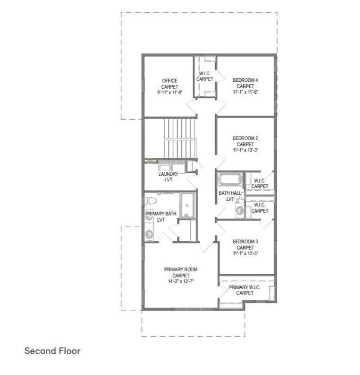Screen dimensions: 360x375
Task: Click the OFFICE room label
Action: (170, 80)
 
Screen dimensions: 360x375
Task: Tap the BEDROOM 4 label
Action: (245, 80)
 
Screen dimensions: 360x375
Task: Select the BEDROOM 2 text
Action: (245, 138)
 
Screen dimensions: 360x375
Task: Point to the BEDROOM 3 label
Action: (245, 241)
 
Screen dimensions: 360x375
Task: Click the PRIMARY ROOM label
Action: (181, 269)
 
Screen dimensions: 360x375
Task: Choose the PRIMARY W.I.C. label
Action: (245, 287)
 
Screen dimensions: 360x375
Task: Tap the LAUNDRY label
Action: (168, 174)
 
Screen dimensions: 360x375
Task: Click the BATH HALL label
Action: (230, 193)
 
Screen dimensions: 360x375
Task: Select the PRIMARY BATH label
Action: (161, 214)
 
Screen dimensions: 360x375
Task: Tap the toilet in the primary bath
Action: (150, 201)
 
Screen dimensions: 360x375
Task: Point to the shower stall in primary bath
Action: (187, 205)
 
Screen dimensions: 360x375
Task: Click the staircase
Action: (179, 138)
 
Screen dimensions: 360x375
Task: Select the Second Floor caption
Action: (53, 351)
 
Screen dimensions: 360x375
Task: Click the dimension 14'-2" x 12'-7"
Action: (181, 282)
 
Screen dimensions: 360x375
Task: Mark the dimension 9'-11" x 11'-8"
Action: (170, 92)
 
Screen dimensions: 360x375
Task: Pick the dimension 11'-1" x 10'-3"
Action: (246, 150)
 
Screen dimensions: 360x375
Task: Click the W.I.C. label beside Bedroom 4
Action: (205, 73)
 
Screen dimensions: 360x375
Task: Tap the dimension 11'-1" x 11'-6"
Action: (246, 92)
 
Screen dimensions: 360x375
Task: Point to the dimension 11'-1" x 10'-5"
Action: (246, 253)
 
